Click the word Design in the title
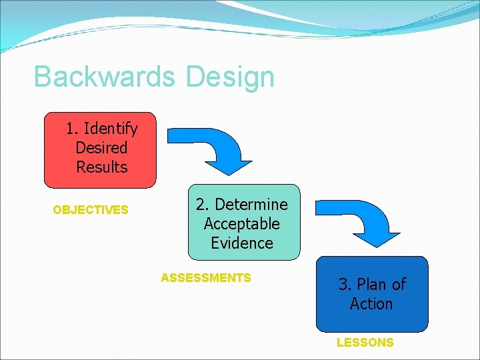(x=231, y=77)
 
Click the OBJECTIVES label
(x=91, y=210)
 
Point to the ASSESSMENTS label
(x=206, y=278)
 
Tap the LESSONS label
(x=365, y=343)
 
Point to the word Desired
(x=101, y=147)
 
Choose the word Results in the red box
(x=101, y=167)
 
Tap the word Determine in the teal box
(x=251, y=204)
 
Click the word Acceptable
(x=241, y=223)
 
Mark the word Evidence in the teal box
(x=241, y=243)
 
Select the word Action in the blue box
(x=371, y=304)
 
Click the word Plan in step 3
(x=372, y=284)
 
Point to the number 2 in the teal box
(x=200, y=204)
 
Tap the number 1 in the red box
(x=71, y=128)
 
